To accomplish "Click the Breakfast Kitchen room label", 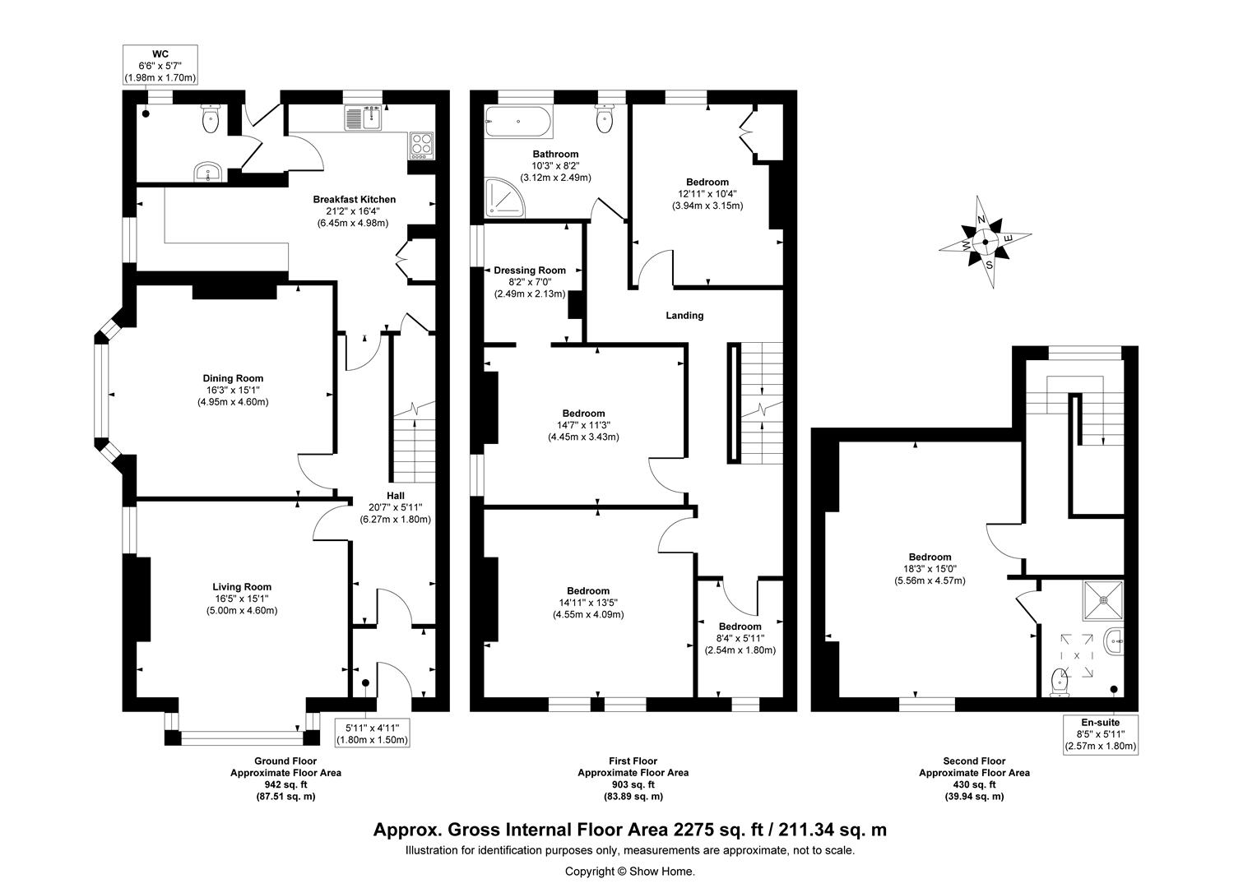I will [x=354, y=200].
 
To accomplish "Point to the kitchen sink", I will [x=363, y=118].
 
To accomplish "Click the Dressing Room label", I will [x=529, y=271].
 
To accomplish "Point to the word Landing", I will [x=684, y=316].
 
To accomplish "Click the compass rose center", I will [x=986, y=243].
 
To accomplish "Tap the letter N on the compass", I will [x=981, y=220].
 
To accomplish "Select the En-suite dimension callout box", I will [x=1101, y=734].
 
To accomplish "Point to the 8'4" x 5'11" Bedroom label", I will [x=740, y=627].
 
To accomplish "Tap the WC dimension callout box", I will [x=160, y=66].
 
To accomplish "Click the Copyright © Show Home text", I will [x=629, y=872].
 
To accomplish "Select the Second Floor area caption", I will [x=974, y=761].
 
